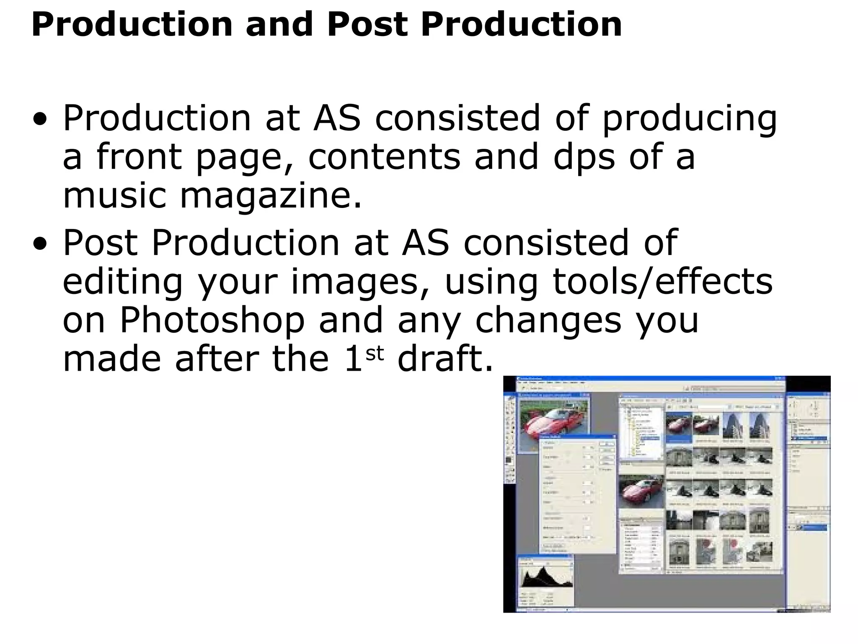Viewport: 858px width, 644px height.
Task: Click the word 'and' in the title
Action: pyautogui.click(x=279, y=24)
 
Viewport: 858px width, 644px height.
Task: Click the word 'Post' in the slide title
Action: pyautogui.click(x=367, y=24)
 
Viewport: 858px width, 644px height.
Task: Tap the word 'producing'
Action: pyautogui.click(x=689, y=119)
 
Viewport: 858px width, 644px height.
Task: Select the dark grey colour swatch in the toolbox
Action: pyautogui.click(x=509, y=460)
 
